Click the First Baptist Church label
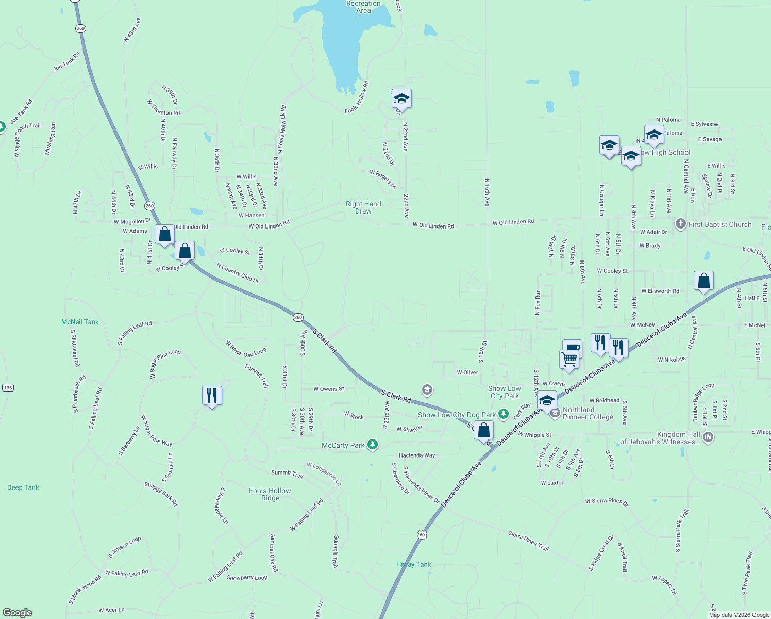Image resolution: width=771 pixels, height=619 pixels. coord(720,224)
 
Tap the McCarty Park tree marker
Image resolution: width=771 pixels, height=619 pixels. coord(373,445)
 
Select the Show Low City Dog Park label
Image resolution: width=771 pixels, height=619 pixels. coord(457,415)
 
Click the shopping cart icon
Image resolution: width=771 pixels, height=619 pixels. coord(569,359)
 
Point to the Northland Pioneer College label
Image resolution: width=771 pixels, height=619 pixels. coord(588,413)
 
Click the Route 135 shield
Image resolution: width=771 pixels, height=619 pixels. coord(8,387)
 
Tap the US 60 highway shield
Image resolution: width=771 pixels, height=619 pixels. coord(422,535)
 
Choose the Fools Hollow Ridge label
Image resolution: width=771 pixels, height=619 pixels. coord(270,494)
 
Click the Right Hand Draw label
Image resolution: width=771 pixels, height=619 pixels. coord(363,207)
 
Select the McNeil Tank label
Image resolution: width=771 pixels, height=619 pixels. coord(80,322)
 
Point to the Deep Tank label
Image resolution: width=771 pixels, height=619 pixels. coord(23,487)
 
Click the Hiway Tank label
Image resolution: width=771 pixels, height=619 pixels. coord(414,564)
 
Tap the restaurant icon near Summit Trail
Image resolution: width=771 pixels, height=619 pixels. coord(212,396)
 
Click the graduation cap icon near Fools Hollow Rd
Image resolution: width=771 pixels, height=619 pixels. coord(401,99)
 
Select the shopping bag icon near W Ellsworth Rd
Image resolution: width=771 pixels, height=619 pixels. coord(703,281)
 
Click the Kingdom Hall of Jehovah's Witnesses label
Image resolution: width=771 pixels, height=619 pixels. coord(660,438)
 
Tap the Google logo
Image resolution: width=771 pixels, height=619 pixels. coord(18,612)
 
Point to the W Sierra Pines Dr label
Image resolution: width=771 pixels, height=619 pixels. coord(607,501)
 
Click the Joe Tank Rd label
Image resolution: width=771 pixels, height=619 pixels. coord(67,61)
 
